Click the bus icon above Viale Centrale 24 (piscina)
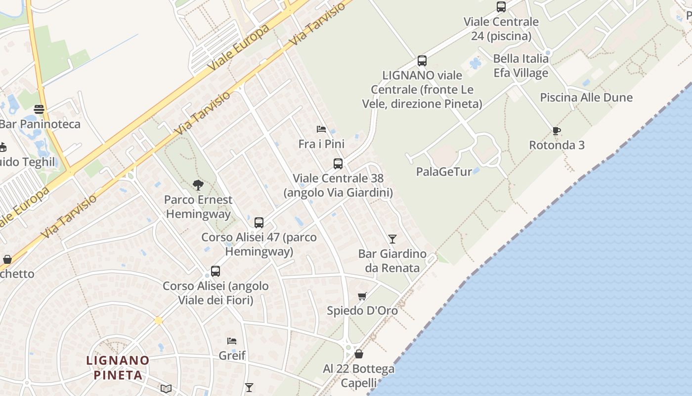coord(501,7)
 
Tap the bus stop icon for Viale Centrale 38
coord(338,163)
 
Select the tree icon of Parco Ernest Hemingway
coord(198,185)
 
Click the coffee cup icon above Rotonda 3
coord(557,131)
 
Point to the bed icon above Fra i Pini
coord(321,129)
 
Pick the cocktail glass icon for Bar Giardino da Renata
coord(392,239)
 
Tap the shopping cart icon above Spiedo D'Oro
coord(362,296)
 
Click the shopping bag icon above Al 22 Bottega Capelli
coord(359,354)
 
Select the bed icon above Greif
coord(232,341)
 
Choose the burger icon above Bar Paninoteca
coord(39,109)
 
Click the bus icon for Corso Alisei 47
coord(259,223)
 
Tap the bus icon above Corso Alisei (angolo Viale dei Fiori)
coord(216,271)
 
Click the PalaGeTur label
coord(443,172)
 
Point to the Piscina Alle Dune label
coord(586,98)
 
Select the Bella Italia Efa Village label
coord(521,66)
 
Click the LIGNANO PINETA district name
coord(118,367)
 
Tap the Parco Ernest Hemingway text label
coord(198,207)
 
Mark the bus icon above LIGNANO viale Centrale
coord(422,61)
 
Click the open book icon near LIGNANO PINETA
coord(166,389)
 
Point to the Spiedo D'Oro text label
coord(362,311)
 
